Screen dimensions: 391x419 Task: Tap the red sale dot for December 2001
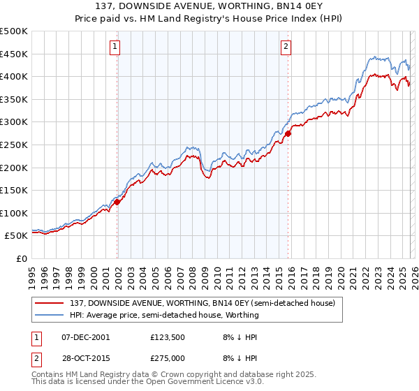117,202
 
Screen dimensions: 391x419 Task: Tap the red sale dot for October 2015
288,133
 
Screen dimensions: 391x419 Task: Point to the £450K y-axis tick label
14,54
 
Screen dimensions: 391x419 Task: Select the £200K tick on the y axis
14,168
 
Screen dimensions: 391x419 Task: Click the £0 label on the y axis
22,258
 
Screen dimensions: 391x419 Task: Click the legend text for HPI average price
164,315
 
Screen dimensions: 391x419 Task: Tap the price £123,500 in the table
167,337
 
